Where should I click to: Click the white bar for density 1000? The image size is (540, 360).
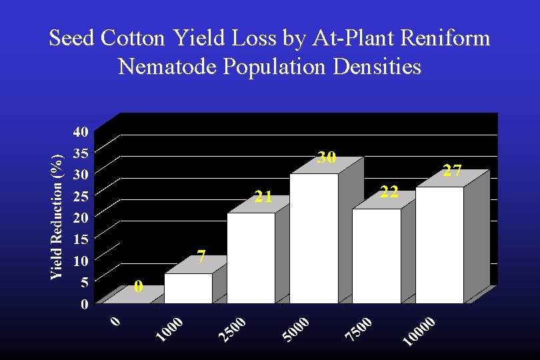tap(189, 289)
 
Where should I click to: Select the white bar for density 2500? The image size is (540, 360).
tap(251, 259)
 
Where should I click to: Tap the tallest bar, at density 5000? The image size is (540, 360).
tap(314, 239)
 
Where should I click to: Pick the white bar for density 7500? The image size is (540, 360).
tap(377, 257)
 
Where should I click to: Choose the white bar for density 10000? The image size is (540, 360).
tap(439, 245)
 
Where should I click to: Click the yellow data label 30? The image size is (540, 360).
tap(327, 158)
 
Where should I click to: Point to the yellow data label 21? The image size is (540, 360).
tap(263, 197)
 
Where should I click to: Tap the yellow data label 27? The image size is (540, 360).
tap(453, 171)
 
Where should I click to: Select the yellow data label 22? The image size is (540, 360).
tap(389, 193)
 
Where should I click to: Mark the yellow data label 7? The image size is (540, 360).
tap(200, 257)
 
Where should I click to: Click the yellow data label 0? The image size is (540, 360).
tap(138, 287)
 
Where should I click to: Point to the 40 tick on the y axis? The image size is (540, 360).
tap(80, 131)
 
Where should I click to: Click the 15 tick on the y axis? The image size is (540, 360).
tap(80, 239)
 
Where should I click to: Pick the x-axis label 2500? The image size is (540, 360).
tap(233, 331)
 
